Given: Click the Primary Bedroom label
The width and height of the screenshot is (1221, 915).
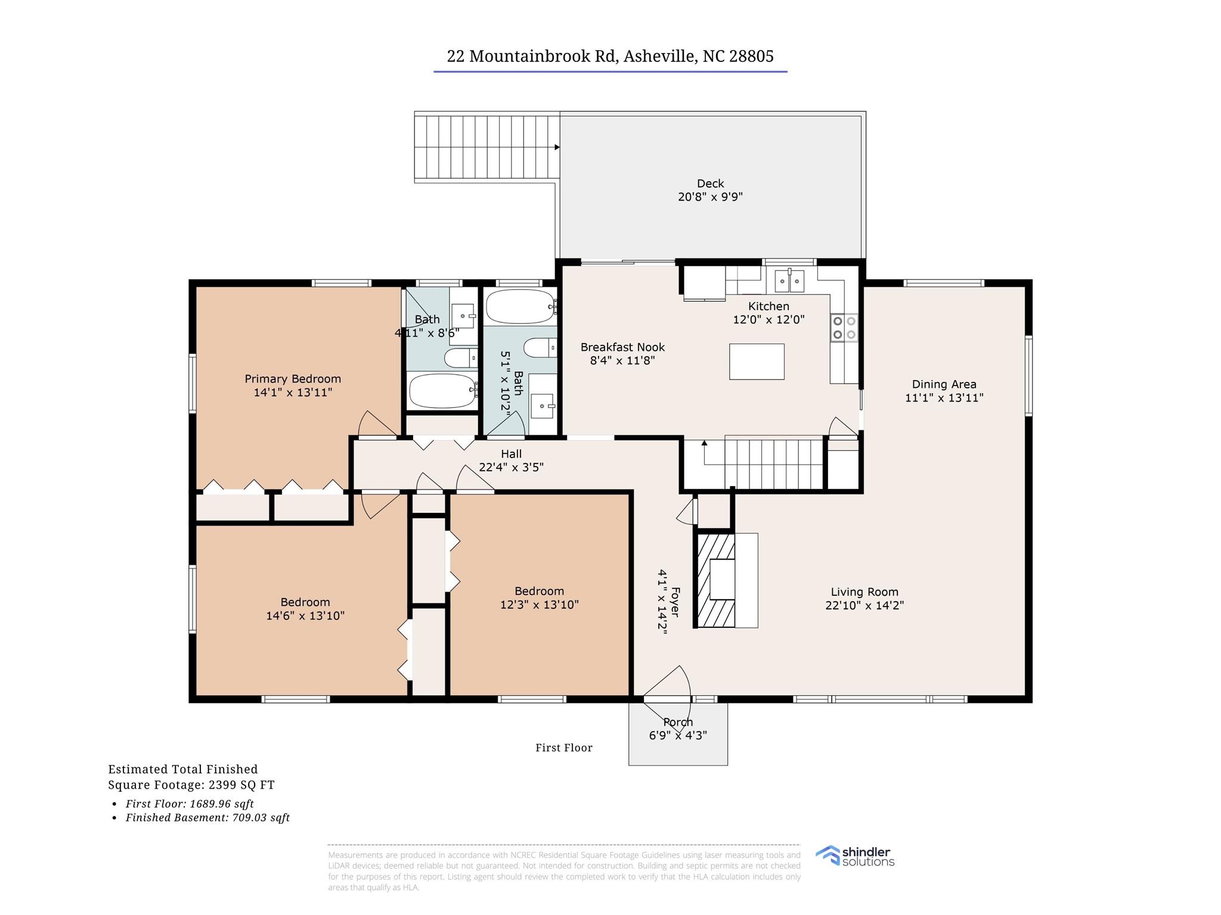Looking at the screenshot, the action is [293, 379].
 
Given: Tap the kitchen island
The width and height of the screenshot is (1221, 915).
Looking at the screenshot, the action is [757, 362].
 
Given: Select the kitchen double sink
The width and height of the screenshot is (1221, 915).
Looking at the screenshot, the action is [789, 281].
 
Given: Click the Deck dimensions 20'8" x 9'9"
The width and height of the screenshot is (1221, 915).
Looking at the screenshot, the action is [710, 197].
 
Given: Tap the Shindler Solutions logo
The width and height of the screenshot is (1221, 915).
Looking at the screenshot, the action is [855, 856].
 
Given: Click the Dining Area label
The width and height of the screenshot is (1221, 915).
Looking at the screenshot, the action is [944, 384].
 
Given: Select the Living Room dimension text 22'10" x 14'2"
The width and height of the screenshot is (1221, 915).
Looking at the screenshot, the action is [864, 605].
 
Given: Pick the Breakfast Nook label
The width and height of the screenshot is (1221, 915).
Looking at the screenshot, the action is [622, 347].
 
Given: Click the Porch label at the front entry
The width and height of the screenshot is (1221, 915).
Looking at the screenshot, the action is [678, 722].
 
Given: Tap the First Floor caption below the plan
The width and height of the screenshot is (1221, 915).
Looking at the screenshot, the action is [564, 748].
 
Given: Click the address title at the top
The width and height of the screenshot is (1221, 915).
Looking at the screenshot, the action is [610, 56].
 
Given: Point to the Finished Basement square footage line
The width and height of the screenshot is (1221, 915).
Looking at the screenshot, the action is [207, 818].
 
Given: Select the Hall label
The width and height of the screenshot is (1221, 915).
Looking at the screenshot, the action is [512, 454].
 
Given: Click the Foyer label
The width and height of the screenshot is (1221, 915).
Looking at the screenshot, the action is [675, 602].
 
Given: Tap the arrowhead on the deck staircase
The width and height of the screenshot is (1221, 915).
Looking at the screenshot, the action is [557, 147].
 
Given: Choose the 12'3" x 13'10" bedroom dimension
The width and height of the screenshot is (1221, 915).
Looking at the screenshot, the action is [540, 605].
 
